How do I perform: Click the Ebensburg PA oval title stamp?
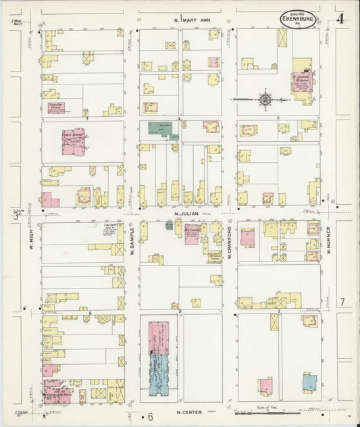297,19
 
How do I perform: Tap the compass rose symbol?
265,100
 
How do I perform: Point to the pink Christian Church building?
56,107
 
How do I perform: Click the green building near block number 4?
159,128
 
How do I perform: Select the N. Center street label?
191,412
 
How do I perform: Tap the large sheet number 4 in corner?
340,19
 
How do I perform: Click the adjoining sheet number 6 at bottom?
150,415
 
